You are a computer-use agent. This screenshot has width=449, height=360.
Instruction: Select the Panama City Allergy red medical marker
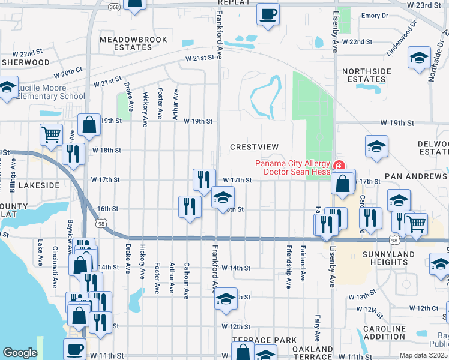tap(339, 165)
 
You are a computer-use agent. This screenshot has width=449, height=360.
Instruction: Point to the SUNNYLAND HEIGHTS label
tap(394, 258)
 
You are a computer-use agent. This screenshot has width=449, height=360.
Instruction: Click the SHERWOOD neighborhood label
tap(25, 62)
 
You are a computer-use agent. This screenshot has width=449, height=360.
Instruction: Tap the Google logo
tap(20, 353)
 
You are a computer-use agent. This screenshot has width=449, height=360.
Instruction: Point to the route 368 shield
tap(114, 7)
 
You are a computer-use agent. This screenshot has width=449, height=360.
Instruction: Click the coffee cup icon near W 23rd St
tap(268, 13)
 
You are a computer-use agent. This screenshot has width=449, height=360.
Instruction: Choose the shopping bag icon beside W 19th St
tap(89, 125)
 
